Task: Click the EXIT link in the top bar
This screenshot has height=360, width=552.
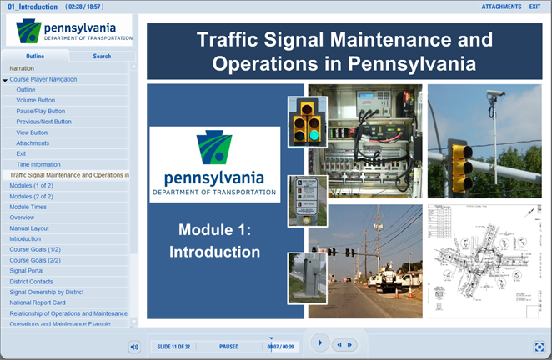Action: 534,7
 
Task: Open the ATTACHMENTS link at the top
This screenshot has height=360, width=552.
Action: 501,7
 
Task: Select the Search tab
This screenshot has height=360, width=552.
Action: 102,57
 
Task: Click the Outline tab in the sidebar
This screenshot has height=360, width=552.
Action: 35,57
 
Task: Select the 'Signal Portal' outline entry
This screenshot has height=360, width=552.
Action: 26,270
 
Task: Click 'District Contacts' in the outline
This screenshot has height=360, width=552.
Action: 32,281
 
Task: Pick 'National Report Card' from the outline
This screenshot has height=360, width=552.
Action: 38,302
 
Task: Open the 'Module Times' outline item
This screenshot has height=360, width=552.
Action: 28,206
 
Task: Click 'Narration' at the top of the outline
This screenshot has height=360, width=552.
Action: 23,67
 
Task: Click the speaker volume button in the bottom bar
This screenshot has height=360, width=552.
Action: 134,346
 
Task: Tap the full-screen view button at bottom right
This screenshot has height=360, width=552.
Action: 539,346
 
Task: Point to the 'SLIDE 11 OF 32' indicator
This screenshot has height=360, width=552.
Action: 175,345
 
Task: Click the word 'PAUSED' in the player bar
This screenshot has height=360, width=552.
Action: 229,345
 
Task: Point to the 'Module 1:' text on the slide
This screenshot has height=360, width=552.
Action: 216,229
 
